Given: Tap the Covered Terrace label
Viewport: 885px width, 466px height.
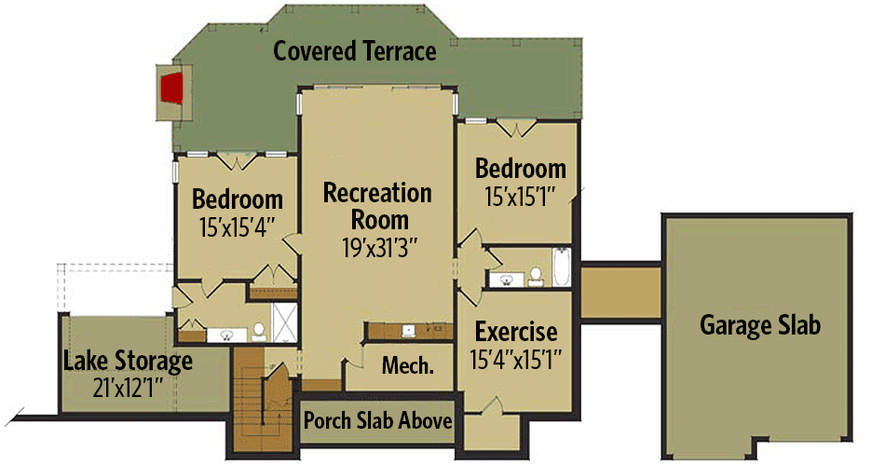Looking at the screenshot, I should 354,51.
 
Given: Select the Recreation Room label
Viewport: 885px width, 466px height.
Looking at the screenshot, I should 377,206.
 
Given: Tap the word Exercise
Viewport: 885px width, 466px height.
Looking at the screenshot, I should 516,332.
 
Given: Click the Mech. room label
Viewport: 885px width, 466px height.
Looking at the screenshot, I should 407,365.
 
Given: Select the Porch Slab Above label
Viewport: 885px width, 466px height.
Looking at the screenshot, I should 378,421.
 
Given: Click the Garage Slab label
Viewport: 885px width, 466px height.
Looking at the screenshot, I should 760,325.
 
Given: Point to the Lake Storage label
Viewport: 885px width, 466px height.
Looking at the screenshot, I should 128,360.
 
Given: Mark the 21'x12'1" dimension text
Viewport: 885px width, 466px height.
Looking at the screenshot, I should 128,384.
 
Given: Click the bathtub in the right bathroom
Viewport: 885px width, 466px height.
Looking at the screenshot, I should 561,267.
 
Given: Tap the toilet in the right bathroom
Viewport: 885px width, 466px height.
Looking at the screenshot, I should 536,276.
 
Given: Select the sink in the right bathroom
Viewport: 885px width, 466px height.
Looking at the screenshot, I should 508,278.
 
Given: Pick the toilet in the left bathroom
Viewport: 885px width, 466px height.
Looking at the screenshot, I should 256,331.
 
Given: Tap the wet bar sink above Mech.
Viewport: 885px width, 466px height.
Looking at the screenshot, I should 408,330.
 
